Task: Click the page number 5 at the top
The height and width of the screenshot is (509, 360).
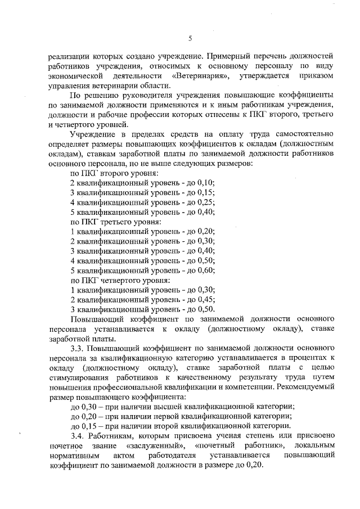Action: coord(190,38)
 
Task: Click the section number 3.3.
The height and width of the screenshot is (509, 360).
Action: coord(77,348)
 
